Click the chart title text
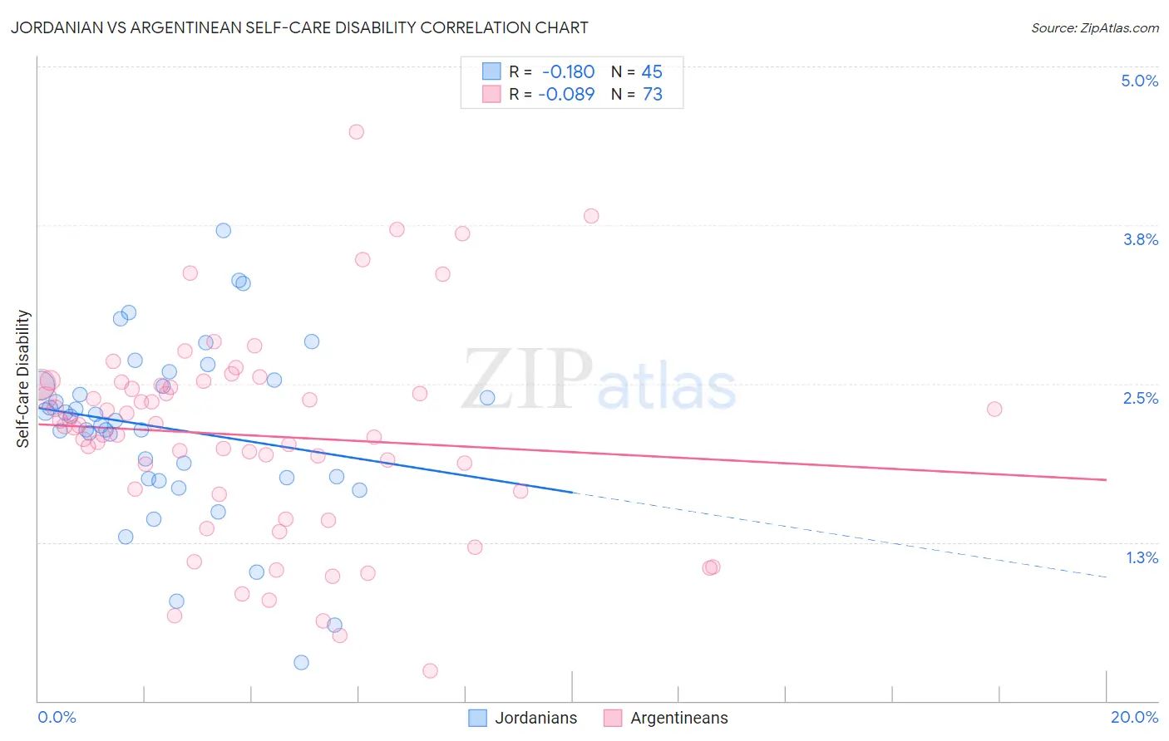click(299, 28)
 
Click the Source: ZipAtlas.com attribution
click(1094, 28)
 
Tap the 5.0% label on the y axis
click(1139, 81)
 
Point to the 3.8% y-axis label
click(1140, 239)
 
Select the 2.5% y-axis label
click(1140, 398)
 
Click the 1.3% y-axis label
click(1142, 557)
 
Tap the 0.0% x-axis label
click(57, 717)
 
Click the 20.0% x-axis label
click(1133, 717)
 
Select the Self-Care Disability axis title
click(23, 379)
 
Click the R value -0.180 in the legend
click(568, 72)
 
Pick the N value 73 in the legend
click(653, 95)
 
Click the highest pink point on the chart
click(357, 131)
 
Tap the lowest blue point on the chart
click(301, 662)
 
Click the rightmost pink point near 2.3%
click(994, 409)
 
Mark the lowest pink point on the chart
click(430, 670)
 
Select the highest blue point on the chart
click(223, 230)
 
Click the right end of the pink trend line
click(1106, 479)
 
